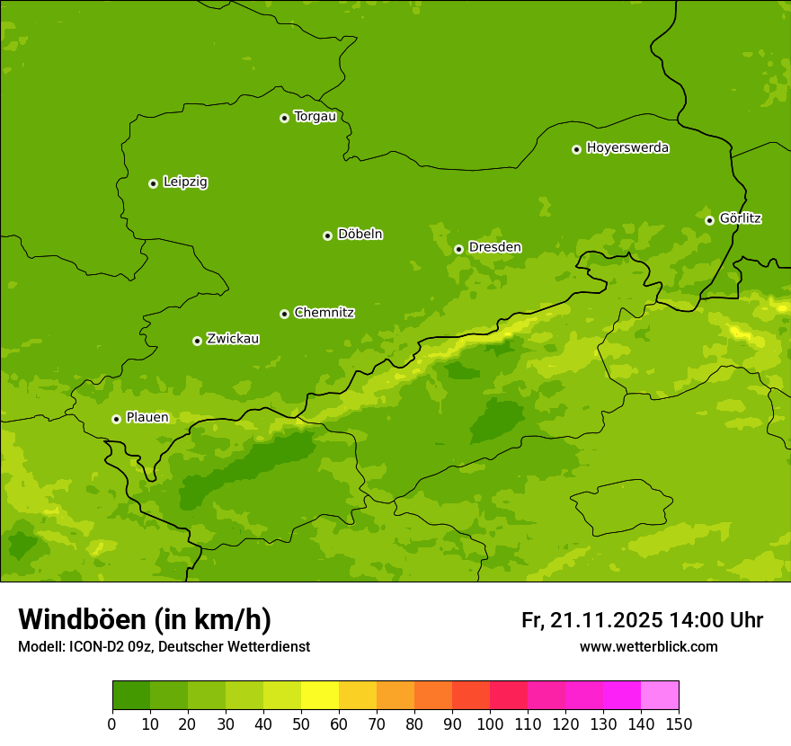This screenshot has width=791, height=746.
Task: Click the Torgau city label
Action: tap(315, 117)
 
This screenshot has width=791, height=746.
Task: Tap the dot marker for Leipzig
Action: tap(154, 183)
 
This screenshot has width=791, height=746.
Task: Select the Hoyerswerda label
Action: tap(627, 148)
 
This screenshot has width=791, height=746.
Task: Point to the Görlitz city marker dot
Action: tap(709, 220)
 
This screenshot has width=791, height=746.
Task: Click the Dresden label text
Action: tap(494, 247)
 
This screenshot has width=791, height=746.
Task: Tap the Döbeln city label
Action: tap(360, 235)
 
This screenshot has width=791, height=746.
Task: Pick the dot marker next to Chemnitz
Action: tap(284, 314)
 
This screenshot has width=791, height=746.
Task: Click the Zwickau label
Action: tap(233, 339)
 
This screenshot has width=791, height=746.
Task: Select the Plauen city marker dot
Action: tap(116, 419)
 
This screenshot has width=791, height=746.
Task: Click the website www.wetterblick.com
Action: tap(648, 646)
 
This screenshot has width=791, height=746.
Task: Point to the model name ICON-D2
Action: tap(96, 647)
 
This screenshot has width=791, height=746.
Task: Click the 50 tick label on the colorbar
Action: tap(301, 724)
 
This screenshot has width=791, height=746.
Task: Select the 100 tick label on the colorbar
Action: tap(490, 724)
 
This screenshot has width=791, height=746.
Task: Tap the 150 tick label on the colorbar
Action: tap(679, 724)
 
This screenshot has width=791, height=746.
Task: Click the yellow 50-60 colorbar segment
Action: tap(320, 696)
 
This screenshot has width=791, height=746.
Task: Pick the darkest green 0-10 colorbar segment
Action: tap(131, 696)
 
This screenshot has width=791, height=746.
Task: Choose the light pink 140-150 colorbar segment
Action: tap(660, 696)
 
